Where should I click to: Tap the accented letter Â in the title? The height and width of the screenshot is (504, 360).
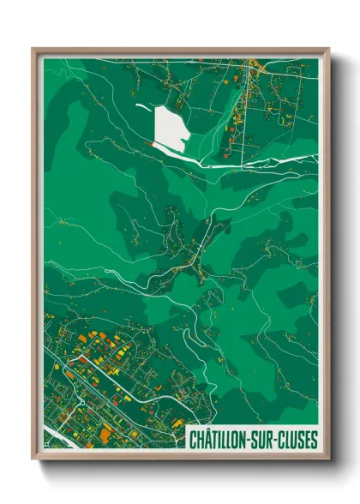pos(208,438)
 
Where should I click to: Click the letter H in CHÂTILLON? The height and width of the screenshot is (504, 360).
pos(201,439)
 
